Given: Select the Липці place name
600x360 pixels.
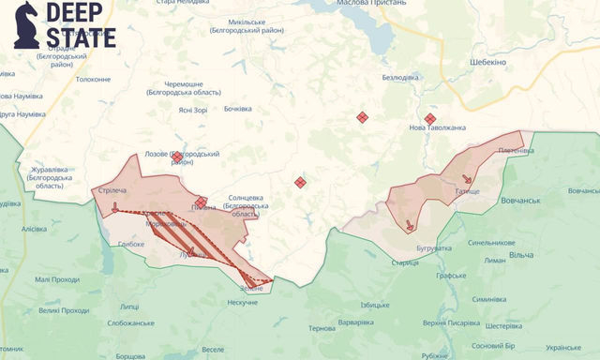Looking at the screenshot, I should pos(129,306).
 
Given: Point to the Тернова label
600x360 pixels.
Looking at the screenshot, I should pos(322,328).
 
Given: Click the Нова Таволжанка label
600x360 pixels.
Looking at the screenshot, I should pos(437,127).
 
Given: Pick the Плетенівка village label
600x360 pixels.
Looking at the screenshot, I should pos(516,150).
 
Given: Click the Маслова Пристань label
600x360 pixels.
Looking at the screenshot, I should pos(372,3).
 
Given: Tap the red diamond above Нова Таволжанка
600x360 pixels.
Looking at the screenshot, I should pos(430,119).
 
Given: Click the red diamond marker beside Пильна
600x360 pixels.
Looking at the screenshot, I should pos(201,202).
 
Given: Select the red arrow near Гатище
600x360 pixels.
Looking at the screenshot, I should pos(467,179).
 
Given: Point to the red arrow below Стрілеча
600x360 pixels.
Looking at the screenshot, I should pos(115,207).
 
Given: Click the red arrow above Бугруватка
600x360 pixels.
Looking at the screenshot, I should pos(410,225).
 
